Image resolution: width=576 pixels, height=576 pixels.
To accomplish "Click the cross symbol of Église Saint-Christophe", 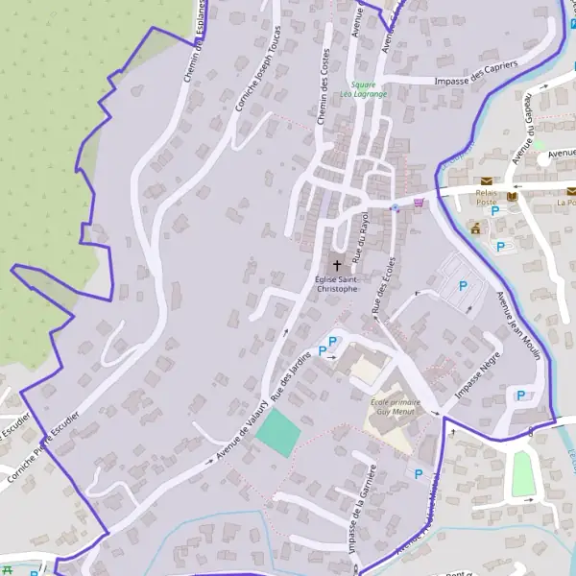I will tap(337, 264).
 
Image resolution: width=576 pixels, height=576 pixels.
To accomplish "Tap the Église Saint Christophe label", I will tap(336, 283).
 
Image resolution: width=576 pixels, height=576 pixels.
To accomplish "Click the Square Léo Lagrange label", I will tap(369, 90).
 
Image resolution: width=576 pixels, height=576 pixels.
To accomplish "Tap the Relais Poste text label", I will tap(487, 197).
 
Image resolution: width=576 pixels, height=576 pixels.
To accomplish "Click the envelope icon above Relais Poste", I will tap(487, 180).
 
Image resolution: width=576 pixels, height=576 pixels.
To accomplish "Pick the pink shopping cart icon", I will tap(418, 203).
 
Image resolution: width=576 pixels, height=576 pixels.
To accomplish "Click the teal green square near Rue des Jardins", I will tap(278, 432).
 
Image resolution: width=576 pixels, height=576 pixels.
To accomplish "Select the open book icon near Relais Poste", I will tap(512, 196).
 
